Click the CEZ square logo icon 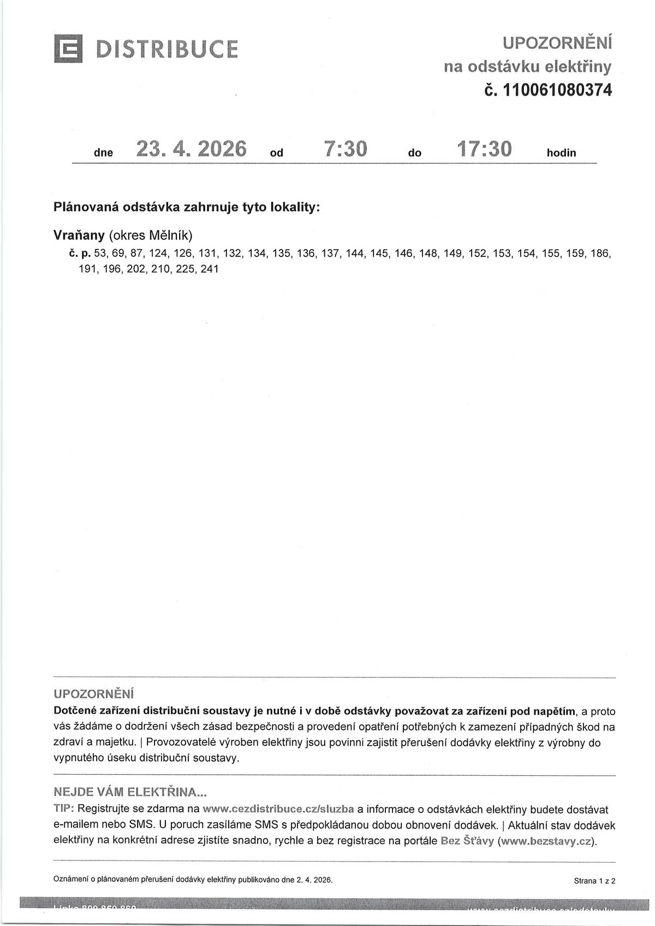tap(68, 49)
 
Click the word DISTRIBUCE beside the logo tap(167, 49)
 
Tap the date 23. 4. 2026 tap(191, 149)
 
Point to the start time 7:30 tap(346, 149)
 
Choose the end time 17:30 tap(484, 149)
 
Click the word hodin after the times tap(561, 153)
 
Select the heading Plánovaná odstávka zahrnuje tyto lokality tap(186, 208)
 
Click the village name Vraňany tap(79, 235)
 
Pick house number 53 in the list tap(100, 253)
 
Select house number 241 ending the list tap(210, 269)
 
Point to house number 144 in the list tap(355, 253)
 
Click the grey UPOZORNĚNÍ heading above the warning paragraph tap(93, 694)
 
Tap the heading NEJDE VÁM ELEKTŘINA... tap(130, 792)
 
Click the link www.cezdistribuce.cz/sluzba tap(278, 809)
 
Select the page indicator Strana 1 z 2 tap(594, 881)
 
